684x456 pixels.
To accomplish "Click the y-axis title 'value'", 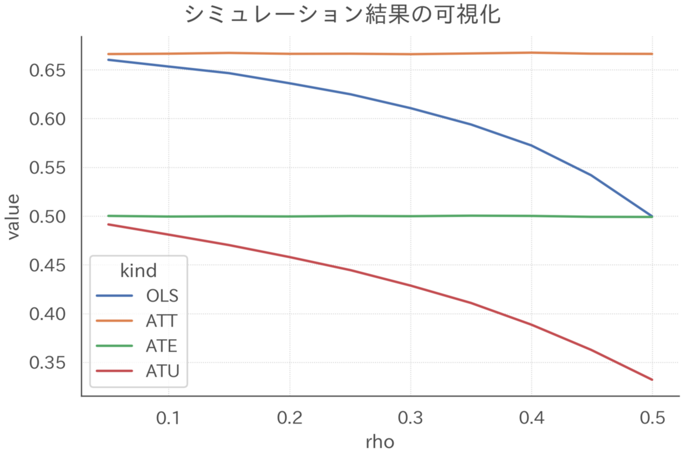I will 14,217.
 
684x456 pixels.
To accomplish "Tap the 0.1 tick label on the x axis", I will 168,418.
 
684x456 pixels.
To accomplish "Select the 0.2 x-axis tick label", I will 289,418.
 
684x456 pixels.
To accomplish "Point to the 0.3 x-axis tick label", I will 410,418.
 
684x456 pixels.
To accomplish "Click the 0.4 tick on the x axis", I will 531,418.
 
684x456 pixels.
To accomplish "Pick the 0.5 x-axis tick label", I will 652,418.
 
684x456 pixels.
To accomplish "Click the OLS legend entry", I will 162,296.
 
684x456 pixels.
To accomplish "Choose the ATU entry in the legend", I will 162,371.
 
